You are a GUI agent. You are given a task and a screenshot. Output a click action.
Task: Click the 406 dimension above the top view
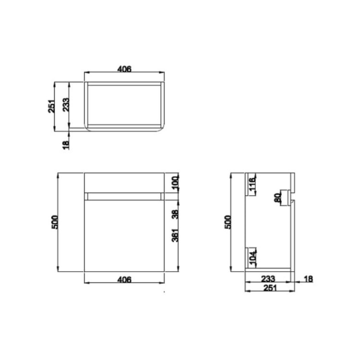pyautogui.click(x=124, y=69)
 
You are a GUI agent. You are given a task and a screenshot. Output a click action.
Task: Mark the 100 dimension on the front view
pyautogui.click(x=175, y=183)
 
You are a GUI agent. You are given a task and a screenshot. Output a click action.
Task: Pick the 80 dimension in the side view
pyautogui.click(x=277, y=198)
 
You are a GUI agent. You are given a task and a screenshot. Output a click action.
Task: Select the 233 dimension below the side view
pyautogui.click(x=269, y=278)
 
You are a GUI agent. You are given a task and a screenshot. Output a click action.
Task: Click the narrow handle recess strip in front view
pyautogui.click(x=124, y=196)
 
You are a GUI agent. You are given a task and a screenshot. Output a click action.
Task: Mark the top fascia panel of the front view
pyautogui.click(x=124, y=183)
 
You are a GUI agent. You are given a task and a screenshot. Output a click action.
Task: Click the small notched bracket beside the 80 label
pyautogui.click(x=287, y=197)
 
